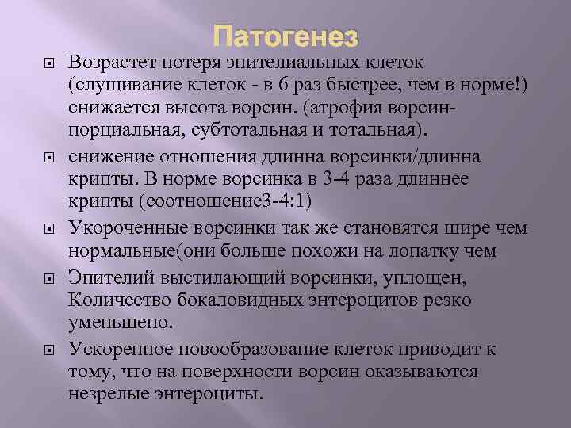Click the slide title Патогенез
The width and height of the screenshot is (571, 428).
pos(285,36)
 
